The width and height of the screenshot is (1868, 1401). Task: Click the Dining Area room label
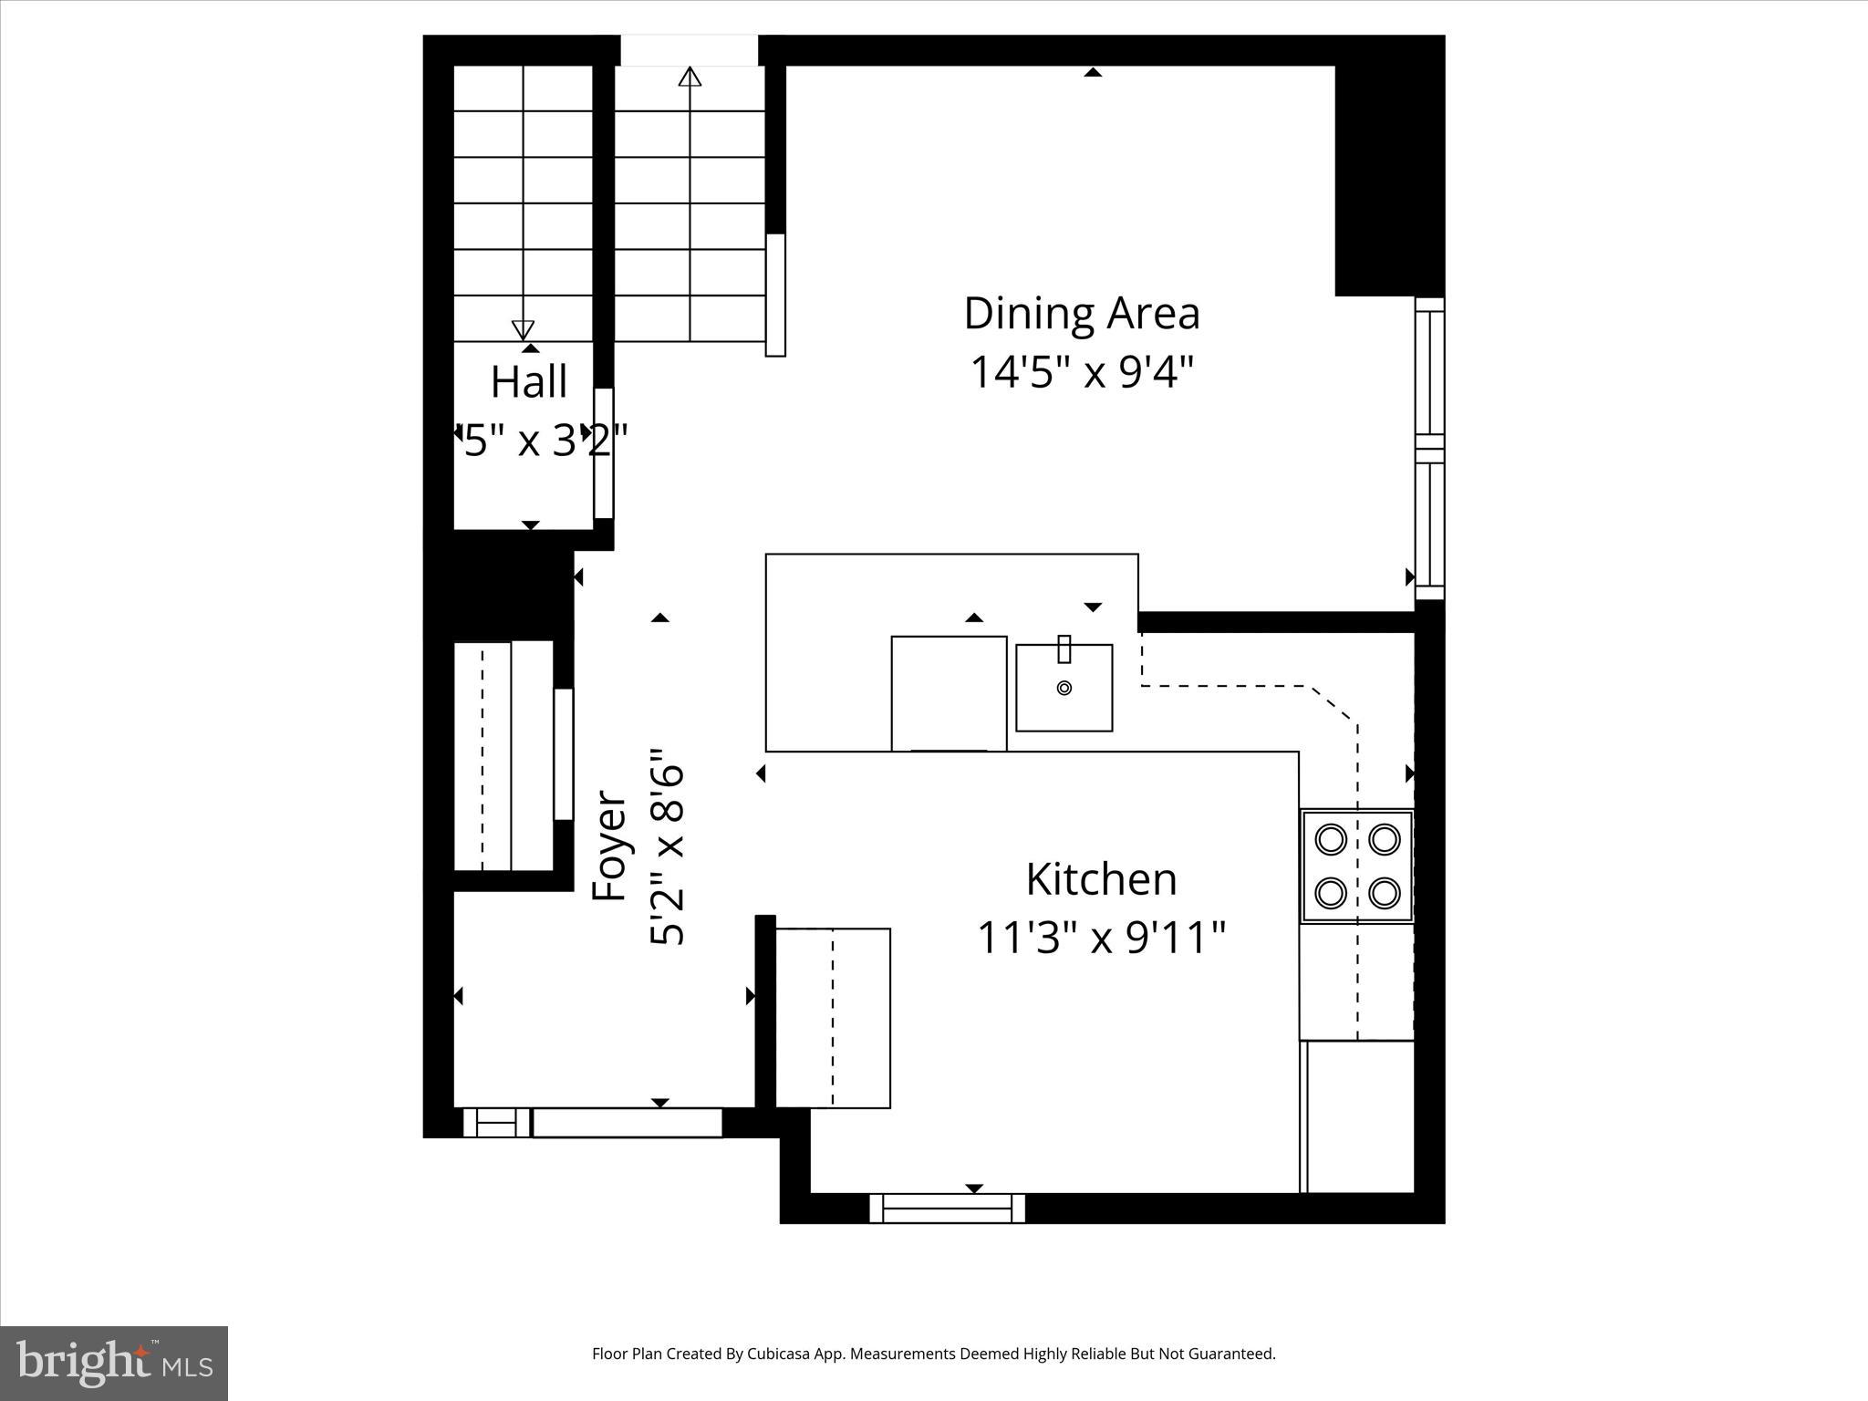point(1082,314)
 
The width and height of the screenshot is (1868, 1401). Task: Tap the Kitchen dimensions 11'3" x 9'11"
point(1101,938)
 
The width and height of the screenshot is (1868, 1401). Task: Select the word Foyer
point(609,846)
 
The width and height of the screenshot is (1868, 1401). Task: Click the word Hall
point(529,381)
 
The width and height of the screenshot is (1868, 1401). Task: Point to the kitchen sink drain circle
point(1064,689)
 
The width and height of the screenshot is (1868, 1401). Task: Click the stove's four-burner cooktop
point(1357,866)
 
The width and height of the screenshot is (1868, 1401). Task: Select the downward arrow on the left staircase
point(523,329)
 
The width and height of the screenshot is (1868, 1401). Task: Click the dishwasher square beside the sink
point(949,693)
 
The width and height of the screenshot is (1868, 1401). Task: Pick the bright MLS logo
point(114,1364)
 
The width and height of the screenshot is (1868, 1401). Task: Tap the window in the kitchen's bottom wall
point(947,1209)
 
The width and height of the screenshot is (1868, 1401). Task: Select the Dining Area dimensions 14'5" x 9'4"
point(1082,372)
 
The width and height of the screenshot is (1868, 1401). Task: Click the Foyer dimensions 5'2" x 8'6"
point(668,846)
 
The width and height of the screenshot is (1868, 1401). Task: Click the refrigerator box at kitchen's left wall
point(832,1018)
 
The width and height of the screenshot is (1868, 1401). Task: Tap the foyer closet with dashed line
point(503,756)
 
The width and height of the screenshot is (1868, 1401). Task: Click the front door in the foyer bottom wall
point(627,1123)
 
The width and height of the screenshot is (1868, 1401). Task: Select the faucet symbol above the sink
point(1064,649)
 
